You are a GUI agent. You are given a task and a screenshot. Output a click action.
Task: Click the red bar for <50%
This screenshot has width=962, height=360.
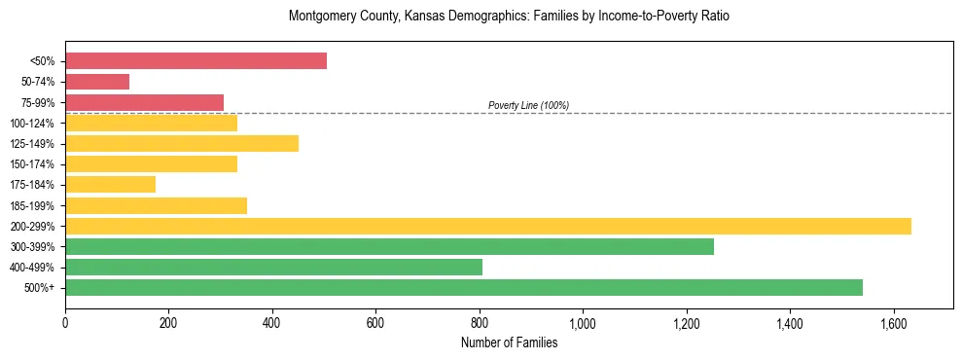pyautogui.click(x=196, y=61)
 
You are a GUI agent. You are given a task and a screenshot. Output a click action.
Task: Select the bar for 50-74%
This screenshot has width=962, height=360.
pyautogui.click(x=97, y=82)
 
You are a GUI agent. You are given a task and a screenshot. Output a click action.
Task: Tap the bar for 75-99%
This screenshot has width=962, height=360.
pyautogui.click(x=144, y=102)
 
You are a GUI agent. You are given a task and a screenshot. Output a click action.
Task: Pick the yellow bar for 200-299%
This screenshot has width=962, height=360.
pyautogui.click(x=487, y=226)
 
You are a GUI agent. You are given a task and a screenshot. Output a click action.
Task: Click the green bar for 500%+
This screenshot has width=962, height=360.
pyautogui.click(x=463, y=287)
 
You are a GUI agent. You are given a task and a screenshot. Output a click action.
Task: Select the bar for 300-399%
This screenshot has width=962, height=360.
pyautogui.click(x=389, y=246)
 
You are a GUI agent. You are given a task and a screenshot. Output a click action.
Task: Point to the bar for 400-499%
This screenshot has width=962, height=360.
pyautogui.click(x=273, y=267)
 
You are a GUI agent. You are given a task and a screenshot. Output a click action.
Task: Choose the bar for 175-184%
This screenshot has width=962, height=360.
pyautogui.click(x=110, y=185)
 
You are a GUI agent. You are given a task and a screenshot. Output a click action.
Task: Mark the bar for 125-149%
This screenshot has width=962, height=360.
pyautogui.click(x=182, y=144)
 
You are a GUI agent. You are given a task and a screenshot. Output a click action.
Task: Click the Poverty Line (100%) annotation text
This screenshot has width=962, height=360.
pyautogui.click(x=528, y=105)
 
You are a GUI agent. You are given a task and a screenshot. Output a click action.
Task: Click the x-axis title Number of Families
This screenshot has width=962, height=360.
pyautogui.click(x=509, y=342)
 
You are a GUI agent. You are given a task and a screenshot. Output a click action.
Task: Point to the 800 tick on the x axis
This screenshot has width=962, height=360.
pyautogui.click(x=480, y=323)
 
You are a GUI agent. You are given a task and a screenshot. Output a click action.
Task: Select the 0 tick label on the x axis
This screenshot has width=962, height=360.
pyautogui.click(x=65, y=323)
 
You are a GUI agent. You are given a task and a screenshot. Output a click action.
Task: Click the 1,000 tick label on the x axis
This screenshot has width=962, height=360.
pyautogui.click(x=583, y=323)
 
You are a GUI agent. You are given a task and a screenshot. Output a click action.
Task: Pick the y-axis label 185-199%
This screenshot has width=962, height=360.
pyautogui.click(x=32, y=205)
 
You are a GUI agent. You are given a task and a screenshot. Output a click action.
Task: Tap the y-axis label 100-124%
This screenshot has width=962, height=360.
pyautogui.click(x=32, y=124)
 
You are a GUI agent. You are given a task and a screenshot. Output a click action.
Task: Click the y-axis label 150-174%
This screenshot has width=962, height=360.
pyautogui.click(x=32, y=164)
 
